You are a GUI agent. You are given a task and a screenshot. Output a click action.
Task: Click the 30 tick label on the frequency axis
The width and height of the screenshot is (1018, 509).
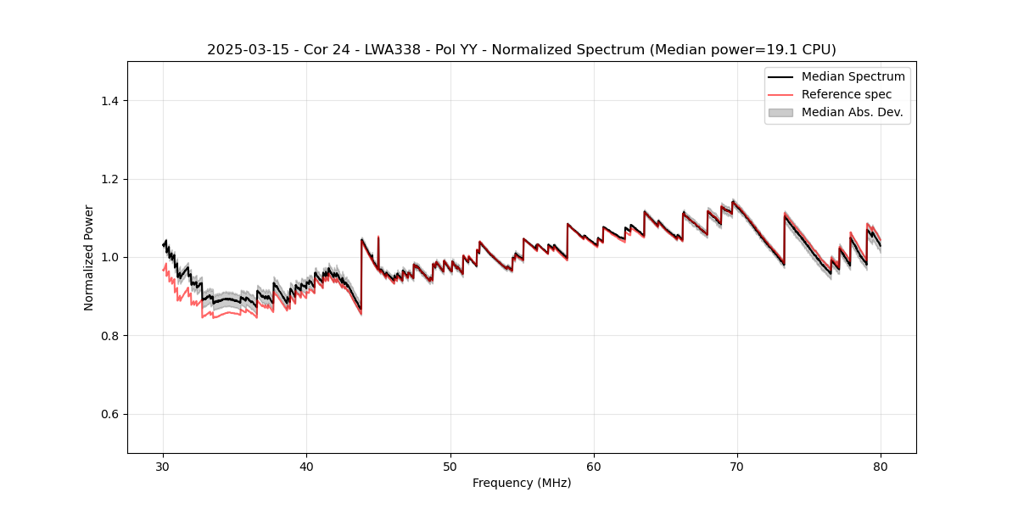[164, 466]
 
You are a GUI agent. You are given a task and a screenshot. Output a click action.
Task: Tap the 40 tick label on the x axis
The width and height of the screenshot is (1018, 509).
[307, 466]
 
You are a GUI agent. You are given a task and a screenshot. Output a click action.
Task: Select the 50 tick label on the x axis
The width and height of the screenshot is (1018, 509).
[450, 466]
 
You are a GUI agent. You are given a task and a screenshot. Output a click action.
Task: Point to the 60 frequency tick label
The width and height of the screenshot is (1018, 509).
[594, 466]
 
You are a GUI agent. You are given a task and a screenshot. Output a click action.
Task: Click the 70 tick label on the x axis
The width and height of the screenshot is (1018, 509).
[737, 466]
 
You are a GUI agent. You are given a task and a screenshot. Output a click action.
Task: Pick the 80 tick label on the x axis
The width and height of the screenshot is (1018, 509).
[881, 466]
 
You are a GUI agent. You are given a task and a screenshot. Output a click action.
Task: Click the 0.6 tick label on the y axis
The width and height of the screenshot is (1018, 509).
[110, 414]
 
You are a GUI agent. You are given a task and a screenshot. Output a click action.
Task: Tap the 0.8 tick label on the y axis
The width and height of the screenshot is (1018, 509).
[110, 336]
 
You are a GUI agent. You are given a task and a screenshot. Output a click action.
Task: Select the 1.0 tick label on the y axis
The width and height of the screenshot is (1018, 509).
[110, 257]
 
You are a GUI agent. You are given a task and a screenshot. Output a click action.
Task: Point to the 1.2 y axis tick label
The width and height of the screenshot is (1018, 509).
[110, 179]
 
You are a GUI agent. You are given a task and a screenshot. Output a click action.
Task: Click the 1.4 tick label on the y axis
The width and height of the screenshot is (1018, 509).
[110, 101]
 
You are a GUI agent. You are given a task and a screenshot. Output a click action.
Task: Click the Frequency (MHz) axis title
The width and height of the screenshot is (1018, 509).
[522, 483]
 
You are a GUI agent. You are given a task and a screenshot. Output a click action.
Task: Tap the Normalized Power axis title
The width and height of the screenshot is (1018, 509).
[89, 257]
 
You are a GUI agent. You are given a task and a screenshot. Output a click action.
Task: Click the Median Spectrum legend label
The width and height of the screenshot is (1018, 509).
[853, 76]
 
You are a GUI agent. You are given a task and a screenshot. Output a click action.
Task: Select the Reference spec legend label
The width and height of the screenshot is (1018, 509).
[846, 94]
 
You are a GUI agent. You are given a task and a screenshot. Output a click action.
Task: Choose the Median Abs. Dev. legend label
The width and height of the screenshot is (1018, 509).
[852, 112]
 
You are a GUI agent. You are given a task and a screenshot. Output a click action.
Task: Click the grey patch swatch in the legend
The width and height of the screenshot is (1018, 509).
[780, 112]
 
